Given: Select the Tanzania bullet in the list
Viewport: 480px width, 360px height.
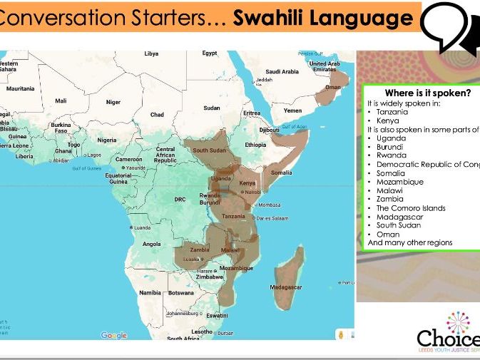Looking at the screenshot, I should point(392,112).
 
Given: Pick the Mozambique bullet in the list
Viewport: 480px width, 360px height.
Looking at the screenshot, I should point(399,182).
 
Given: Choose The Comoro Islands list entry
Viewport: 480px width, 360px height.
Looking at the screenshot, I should point(411,208).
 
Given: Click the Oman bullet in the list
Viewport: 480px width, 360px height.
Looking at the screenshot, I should point(388,235).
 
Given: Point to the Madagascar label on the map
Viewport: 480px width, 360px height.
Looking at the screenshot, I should point(286,287).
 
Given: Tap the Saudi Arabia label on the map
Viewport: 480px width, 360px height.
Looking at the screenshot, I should point(282,71).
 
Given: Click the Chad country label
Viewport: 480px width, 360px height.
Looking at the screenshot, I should point(157,114).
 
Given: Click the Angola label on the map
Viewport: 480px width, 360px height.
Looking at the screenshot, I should point(152,244).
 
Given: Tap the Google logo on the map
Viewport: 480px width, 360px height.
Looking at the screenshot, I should point(113,335).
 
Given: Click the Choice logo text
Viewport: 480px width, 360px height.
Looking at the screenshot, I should point(448,337).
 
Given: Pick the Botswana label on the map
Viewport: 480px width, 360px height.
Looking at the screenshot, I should point(181,293).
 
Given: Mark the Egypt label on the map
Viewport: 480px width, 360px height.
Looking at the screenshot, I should point(209,53).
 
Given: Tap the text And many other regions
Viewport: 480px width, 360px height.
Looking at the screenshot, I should point(409,243).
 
